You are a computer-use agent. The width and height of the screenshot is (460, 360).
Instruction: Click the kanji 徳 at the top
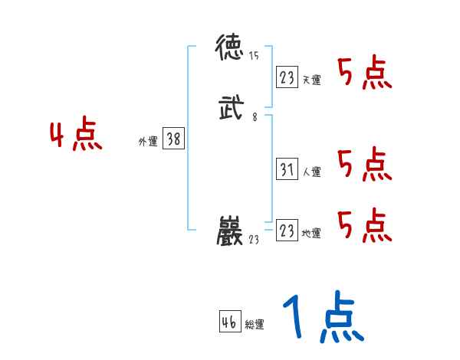tap(230, 50)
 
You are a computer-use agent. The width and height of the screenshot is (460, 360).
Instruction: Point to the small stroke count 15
tap(255, 56)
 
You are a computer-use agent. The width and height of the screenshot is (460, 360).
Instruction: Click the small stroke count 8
tap(254, 117)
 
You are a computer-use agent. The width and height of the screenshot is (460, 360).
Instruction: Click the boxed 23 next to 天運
tap(287, 77)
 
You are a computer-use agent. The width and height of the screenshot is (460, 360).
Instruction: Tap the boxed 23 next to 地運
tap(287, 231)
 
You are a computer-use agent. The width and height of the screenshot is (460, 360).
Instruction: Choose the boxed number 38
tap(173, 139)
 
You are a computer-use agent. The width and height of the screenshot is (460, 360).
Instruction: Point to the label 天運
tap(311, 80)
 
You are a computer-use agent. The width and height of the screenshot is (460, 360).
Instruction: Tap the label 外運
tap(147, 141)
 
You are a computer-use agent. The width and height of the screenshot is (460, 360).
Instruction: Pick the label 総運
tap(255, 325)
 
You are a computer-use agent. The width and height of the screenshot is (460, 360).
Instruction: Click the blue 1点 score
tap(322, 318)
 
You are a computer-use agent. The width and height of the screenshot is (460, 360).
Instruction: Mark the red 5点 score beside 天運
tap(365, 73)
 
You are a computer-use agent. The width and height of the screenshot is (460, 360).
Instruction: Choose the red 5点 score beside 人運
tap(365, 164)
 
